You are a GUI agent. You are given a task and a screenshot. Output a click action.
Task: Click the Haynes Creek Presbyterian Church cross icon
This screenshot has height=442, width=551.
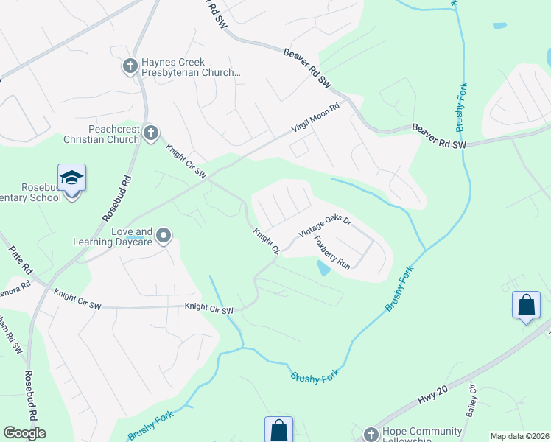click(130, 67)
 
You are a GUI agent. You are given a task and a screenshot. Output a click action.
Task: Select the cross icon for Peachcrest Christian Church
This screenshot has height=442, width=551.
click(150, 133)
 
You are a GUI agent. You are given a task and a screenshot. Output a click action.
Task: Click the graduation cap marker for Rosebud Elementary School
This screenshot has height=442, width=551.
click(71, 178)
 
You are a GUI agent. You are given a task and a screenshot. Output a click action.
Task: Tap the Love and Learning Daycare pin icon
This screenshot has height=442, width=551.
click(164, 236)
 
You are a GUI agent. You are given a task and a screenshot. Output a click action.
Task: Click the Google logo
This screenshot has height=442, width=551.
click(24, 433)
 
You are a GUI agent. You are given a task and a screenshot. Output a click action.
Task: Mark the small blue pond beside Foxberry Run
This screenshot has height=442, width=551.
click(323, 268)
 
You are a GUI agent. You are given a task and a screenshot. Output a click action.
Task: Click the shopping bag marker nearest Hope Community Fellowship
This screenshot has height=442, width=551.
click(279, 429)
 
